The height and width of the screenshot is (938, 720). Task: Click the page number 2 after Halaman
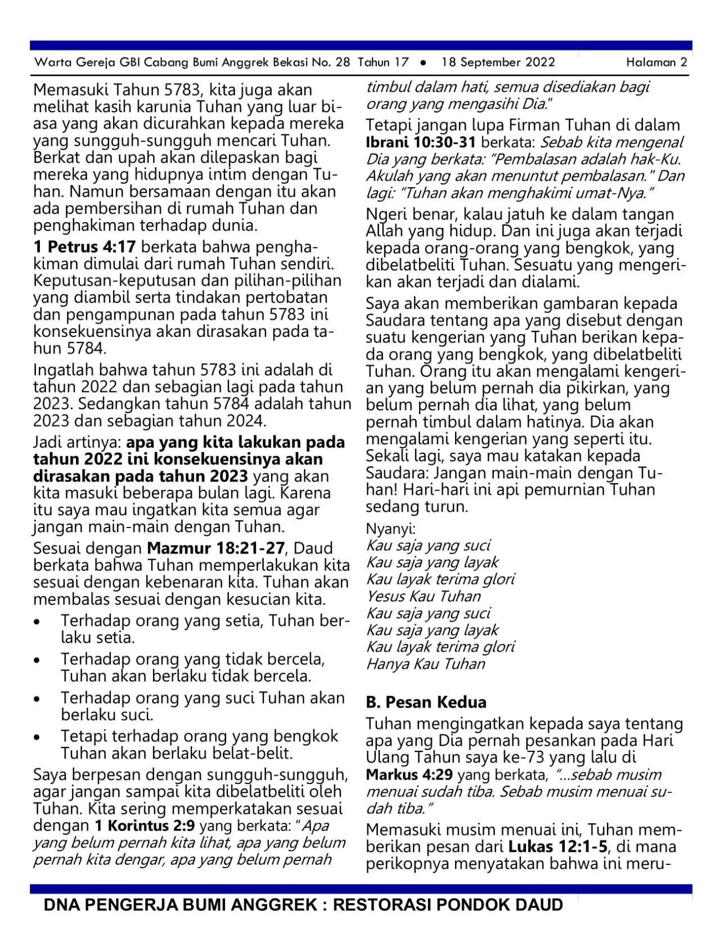pos(683,62)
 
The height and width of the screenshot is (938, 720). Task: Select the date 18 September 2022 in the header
pos(498,62)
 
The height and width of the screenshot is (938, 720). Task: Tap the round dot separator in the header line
pos(423,62)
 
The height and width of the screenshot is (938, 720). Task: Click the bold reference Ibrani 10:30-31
pos(421,142)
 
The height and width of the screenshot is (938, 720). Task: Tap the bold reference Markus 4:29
pos(409,774)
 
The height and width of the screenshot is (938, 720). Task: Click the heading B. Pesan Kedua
pos(426,702)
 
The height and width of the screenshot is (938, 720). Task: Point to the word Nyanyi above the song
pos(390,529)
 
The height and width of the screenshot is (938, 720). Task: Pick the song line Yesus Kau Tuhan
pos(424,596)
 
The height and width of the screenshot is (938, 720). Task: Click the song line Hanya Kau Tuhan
pos(425,664)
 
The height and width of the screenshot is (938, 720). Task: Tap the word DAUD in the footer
pos(538,905)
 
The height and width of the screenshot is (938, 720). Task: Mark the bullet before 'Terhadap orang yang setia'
pos(37,622)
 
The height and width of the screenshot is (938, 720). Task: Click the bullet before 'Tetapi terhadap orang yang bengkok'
pos(37,737)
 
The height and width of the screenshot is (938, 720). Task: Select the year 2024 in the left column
pos(245,421)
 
